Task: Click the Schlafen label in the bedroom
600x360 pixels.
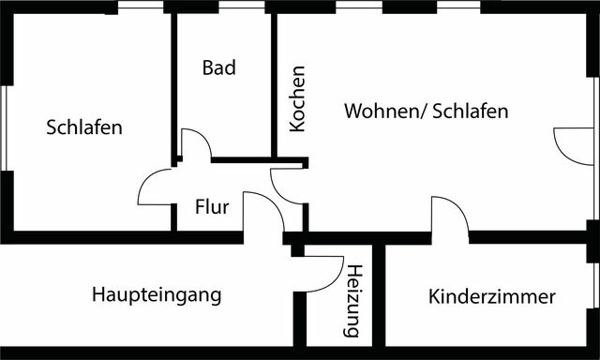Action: [84, 127]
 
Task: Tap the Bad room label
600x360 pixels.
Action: [218, 68]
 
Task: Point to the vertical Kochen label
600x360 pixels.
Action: [297, 98]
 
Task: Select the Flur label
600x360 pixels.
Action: [212, 207]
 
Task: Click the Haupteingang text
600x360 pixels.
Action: [157, 295]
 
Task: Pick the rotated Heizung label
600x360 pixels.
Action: [352, 301]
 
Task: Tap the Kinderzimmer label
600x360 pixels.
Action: [491, 297]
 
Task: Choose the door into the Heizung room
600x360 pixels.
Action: [323, 273]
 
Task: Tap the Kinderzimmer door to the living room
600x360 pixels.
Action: [449, 217]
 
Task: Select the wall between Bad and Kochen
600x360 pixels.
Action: [274, 84]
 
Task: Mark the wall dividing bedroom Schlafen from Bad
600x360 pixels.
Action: [173, 84]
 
